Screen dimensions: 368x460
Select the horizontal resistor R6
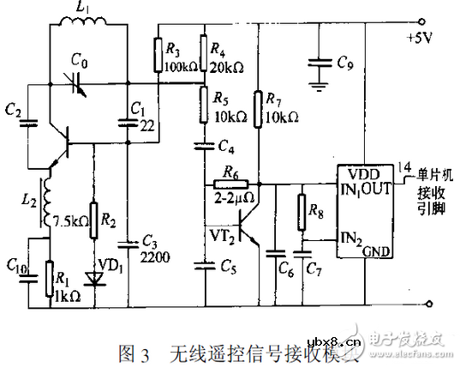click(232, 183)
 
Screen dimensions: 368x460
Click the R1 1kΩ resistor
click(50, 278)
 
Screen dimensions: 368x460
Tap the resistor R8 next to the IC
click(301, 210)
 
